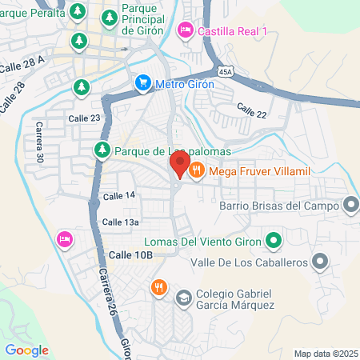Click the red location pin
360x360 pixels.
(x=178, y=165)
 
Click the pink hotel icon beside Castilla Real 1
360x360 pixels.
(x=185, y=30)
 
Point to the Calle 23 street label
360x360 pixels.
(x=84, y=118)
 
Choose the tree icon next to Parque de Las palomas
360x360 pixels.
(x=102, y=149)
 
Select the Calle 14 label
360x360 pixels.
(x=118, y=196)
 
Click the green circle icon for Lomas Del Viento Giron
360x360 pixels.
(x=273, y=239)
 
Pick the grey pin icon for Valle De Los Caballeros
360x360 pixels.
(x=320, y=262)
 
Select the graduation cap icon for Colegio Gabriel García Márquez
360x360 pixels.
(x=182, y=297)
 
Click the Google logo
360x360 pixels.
(x=26, y=350)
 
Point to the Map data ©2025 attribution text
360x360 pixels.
(x=326, y=354)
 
